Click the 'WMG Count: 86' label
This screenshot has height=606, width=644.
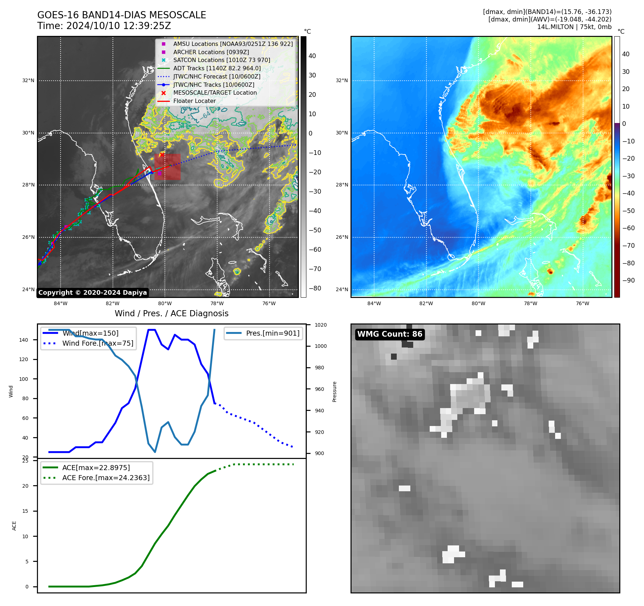pos(390,334)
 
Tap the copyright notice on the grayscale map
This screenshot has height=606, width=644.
pos(92,293)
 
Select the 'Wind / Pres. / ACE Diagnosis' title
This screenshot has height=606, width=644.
pos(171,313)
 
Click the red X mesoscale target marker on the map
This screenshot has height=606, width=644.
pos(162,155)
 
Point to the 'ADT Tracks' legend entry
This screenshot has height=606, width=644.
pos(217,68)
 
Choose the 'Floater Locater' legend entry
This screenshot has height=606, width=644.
pos(194,101)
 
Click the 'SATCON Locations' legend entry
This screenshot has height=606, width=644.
pos(221,60)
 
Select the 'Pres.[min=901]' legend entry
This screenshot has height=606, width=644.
pos(272,333)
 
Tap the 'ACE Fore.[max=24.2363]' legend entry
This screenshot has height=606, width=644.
pos(106,478)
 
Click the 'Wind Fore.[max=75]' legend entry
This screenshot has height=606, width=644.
pos(97,343)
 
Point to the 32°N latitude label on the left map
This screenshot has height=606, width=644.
pos(28,80)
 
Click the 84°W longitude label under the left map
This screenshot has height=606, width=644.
pos(61,303)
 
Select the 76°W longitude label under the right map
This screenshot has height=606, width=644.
pos(582,303)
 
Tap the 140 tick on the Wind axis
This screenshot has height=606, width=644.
pos(24,340)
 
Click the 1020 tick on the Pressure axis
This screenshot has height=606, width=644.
pos(320,325)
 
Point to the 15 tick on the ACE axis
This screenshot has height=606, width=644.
pos(25,511)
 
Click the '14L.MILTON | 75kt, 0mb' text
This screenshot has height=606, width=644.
pos(574,27)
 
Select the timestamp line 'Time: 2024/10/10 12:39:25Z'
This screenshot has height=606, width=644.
pos(104,26)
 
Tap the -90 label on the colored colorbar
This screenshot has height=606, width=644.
pos(628,280)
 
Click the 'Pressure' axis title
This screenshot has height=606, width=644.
pos(334,392)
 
